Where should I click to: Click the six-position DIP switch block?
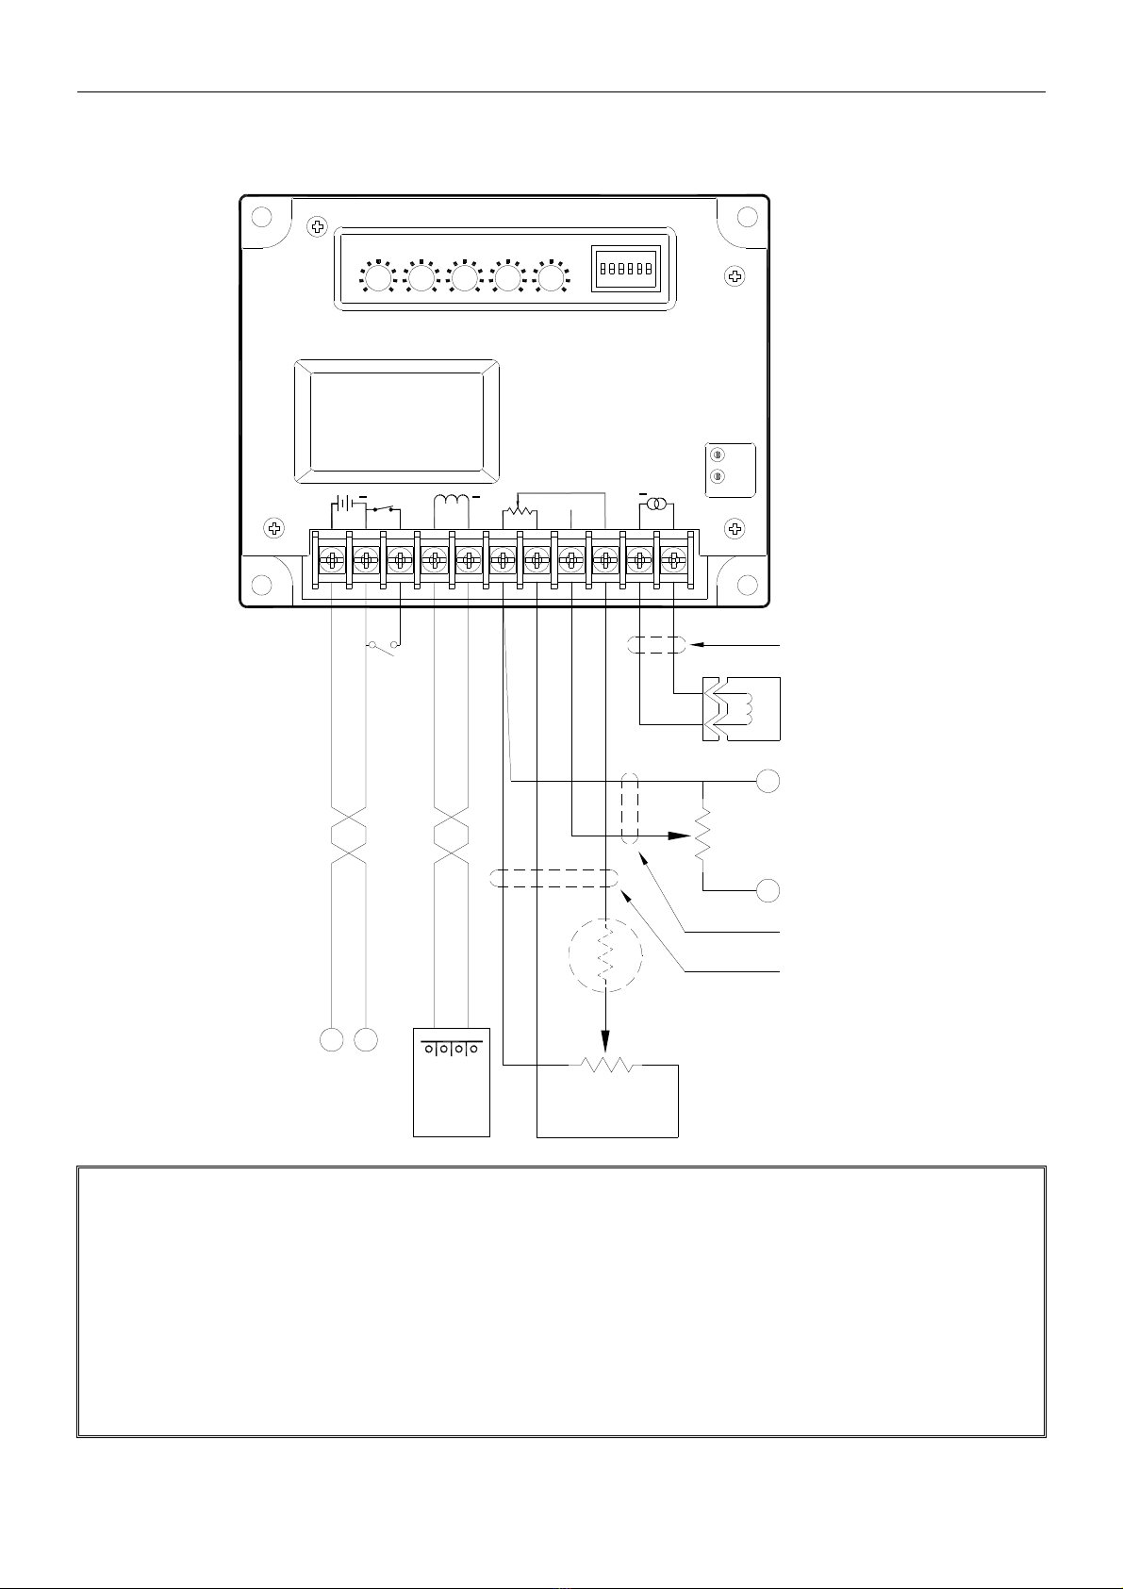coord(624,271)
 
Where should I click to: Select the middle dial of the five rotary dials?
coord(465,278)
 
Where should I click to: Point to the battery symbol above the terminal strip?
coord(345,505)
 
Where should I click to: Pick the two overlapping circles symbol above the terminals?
coord(656,506)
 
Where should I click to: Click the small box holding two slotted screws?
coord(731,470)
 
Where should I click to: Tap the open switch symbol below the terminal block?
coord(383,646)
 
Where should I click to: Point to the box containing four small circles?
coord(452,1081)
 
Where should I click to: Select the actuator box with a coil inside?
coord(741,708)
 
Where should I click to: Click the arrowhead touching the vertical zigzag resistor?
coord(677,836)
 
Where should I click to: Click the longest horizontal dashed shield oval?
coord(554,879)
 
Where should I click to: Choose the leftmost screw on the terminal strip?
coord(332,561)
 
